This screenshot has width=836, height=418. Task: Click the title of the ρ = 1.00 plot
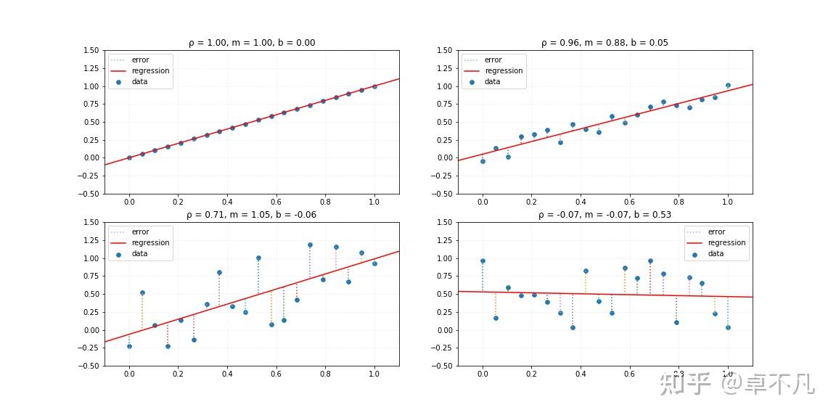click(x=252, y=43)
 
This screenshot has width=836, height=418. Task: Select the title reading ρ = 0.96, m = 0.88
click(x=605, y=43)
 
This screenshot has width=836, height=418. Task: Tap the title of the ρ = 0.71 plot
click(x=252, y=215)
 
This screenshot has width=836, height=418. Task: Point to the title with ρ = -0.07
click(x=605, y=215)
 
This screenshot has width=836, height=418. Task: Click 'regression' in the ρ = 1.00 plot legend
click(x=150, y=71)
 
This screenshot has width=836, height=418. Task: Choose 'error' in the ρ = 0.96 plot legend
click(x=493, y=60)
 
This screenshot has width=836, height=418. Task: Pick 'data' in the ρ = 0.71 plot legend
click(x=139, y=254)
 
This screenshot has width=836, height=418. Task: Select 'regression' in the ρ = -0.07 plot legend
click(x=726, y=243)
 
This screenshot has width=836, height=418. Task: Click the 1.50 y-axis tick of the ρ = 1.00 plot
click(x=91, y=51)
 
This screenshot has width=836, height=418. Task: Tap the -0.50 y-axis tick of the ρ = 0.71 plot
click(x=89, y=366)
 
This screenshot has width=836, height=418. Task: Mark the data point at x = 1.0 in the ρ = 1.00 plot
click(x=374, y=86)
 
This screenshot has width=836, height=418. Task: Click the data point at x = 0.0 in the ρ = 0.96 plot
click(x=483, y=161)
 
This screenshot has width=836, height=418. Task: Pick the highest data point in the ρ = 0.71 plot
click(x=310, y=245)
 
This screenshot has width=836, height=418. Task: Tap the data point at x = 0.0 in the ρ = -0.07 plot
click(x=483, y=261)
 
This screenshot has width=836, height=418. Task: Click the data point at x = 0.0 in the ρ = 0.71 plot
click(x=129, y=346)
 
